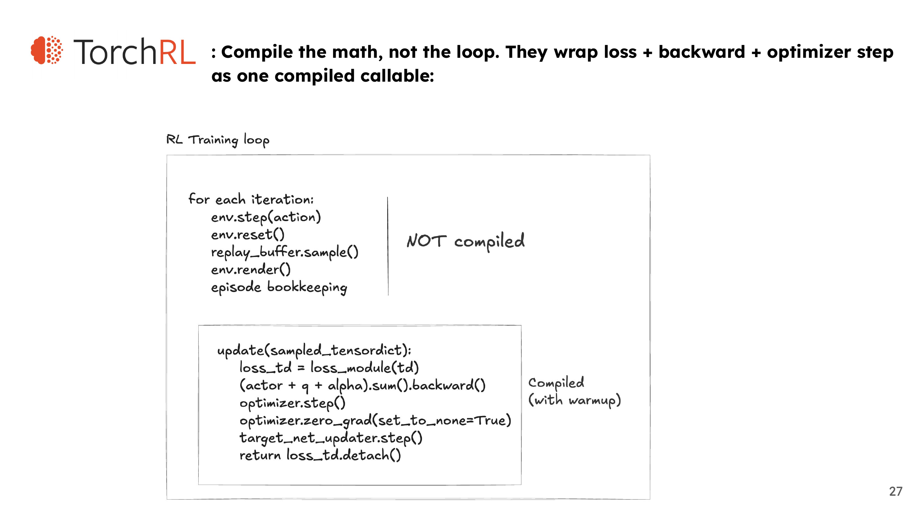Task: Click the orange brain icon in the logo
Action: pyautogui.click(x=47, y=50)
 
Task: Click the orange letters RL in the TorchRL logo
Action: pyautogui.click(x=177, y=52)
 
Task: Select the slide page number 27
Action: pyautogui.click(x=896, y=491)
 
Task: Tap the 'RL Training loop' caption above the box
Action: pyautogui.click(x=218, y=140)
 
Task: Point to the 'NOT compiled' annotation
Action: pyautogui.click(x=466, y=242)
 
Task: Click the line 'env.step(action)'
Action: pyautogui.click(x=266, y=217)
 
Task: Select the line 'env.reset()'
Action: pyautogui.click(x=248, y=235)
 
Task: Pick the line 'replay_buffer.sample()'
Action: pyautogui.click(x=285, y=252)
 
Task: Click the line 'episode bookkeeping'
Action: pyautogui.click(x=279, y=287)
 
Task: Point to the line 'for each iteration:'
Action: pyautogui.click(x=251, y=199)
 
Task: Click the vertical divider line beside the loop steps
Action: pyautogui.click(x=388, y=246)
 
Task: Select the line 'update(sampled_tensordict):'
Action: pyautogui.click(x=314, y=351)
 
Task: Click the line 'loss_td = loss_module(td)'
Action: pyautogui.click(x=329, y=368)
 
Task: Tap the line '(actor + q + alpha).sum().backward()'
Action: pyautogui.click(x=363, y=386)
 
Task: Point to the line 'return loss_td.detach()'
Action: pyautogui.click(x=320, y=455)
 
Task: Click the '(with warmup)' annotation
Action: pyautogui.click(x=575, y=400)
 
